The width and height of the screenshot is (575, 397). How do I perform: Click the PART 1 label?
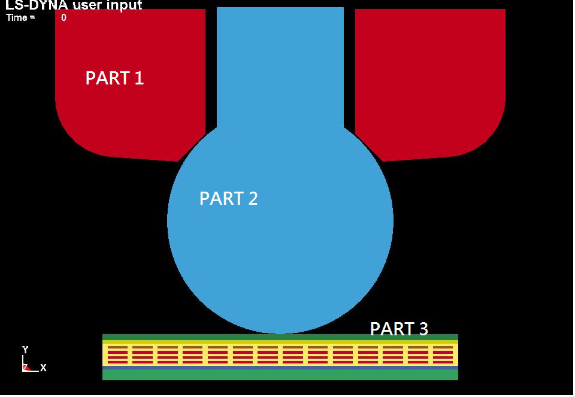click(x=114, y=78)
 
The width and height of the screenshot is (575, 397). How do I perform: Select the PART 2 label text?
click(x=228, y=198)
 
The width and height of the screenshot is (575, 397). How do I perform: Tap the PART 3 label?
click(x=399, y=329)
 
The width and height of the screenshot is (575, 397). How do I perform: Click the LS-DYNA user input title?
click(x=73, y=5)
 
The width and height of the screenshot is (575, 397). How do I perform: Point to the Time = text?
click(x=21, y=17)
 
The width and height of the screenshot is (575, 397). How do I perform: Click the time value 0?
click(x=64, y=17)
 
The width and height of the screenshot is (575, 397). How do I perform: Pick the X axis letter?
click(x=43, y=368)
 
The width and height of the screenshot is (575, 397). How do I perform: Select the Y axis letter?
click(x=25, y=349)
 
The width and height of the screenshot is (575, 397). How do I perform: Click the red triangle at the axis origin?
click(x=26, y=368)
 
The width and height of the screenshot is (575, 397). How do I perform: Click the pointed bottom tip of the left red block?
click(x=177, y=161)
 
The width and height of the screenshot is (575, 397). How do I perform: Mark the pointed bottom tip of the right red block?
click(x=383, y=161)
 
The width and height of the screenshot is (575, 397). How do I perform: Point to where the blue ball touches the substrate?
click(x=280, y=334)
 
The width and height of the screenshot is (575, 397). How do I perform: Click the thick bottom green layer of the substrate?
click(x=280, y=375)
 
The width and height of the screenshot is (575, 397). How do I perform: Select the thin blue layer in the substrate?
click(x=280, y=367)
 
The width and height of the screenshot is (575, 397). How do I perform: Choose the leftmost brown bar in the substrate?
click(x=118, y=347)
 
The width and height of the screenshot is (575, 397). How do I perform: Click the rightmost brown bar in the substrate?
click(x=443, y=347)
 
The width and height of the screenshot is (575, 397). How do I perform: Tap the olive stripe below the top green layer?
click(x=280, y=342)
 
